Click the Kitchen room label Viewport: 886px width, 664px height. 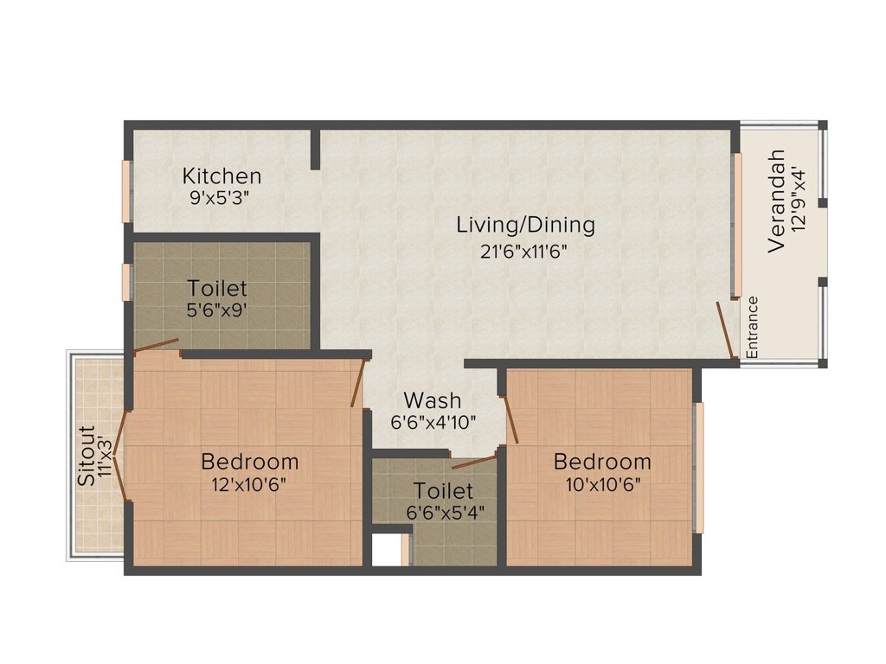221,176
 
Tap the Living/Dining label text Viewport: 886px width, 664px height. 525,226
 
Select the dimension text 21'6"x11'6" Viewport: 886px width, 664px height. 524,252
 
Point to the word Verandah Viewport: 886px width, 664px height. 777,201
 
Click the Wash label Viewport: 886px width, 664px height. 433,401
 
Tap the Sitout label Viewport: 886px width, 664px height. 85,456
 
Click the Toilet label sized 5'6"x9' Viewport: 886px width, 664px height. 217,288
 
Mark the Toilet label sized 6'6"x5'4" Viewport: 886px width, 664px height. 443,491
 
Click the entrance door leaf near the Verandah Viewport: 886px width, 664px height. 725,329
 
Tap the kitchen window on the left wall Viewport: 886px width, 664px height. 126,190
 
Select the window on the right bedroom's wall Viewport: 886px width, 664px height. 699,467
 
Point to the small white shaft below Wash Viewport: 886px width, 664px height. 388,550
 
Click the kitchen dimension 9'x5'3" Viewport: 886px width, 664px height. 220,197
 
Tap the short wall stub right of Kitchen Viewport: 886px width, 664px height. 316,149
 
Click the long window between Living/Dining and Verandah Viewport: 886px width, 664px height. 738,225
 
